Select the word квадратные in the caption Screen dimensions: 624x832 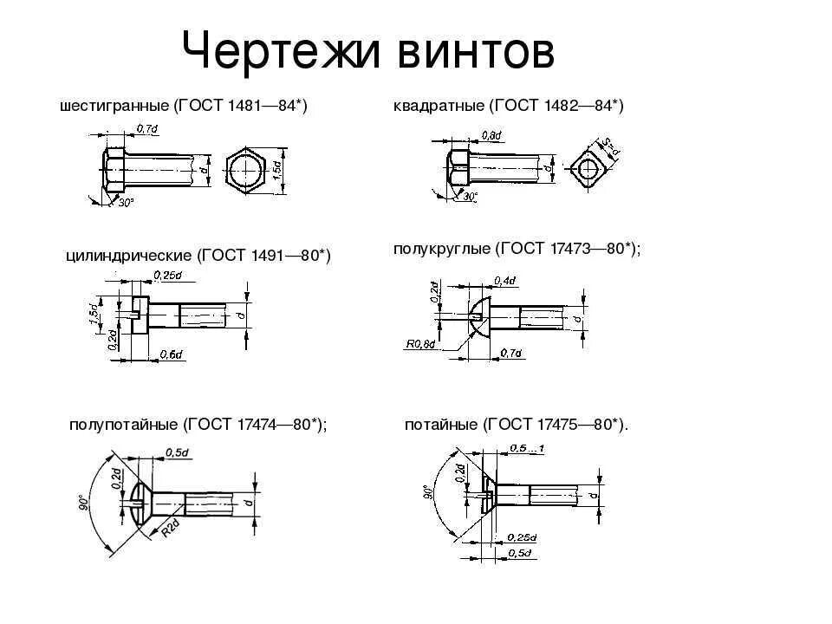click(x=439, y=106)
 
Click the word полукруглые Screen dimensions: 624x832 click(x=441, y=249)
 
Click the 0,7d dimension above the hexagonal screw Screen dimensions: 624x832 click(x=146, y=129)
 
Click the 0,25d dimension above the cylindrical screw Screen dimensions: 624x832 click(x=167, y=276)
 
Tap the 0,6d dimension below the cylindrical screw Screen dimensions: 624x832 click(x=172, y=354)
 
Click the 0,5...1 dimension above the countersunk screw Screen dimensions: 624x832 click(x=527, y=447)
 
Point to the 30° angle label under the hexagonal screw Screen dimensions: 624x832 click(x=127, y=202)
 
